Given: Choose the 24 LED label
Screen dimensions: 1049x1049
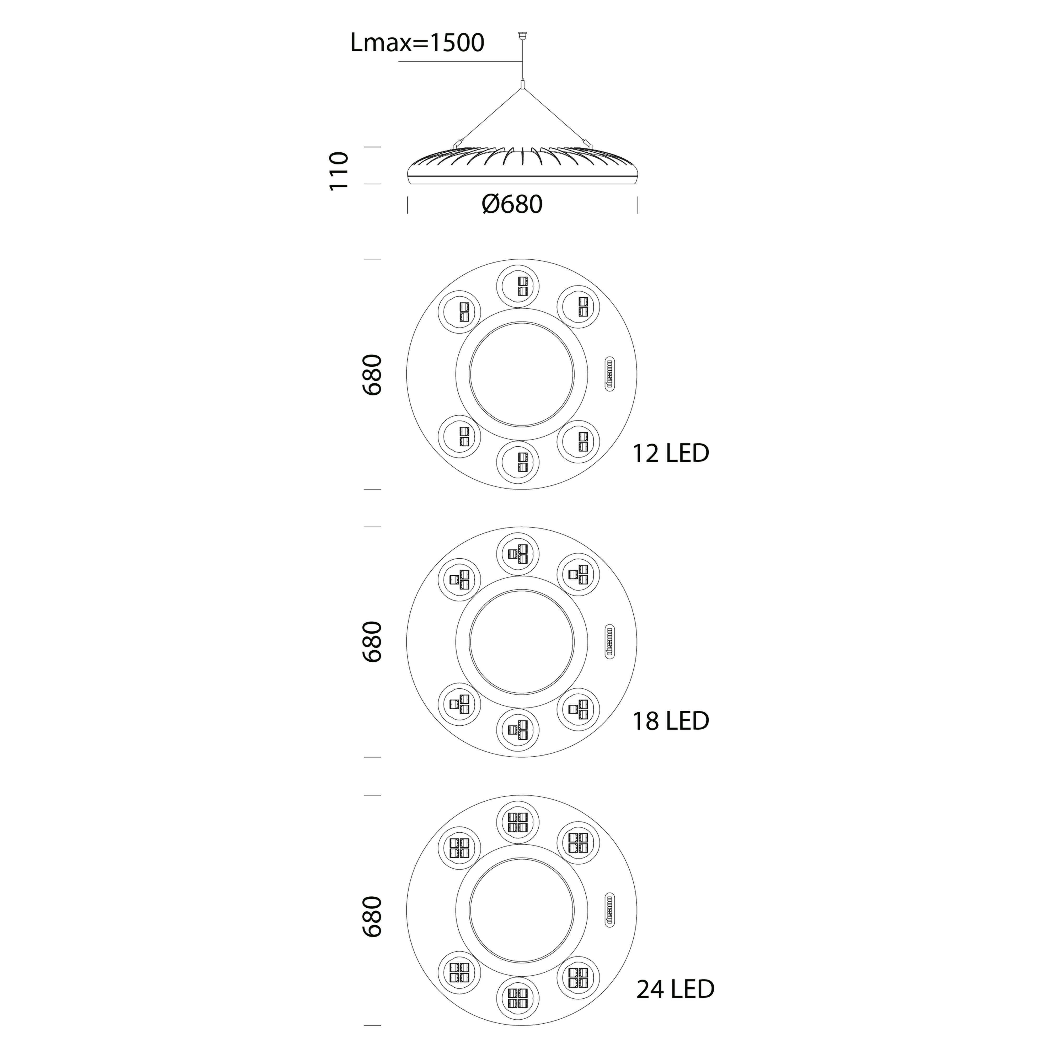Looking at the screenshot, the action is click(676, 1004).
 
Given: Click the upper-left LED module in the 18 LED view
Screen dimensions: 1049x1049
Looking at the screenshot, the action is click(459, 580).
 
